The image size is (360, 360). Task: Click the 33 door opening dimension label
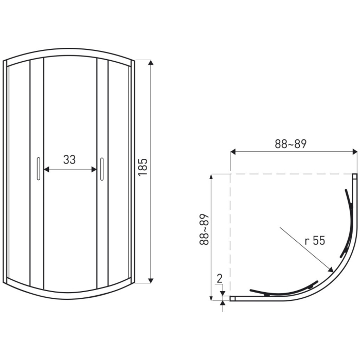pyautogui.click(x=69, y=160)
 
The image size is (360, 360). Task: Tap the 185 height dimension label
pyautogui.click(x=143, y=167)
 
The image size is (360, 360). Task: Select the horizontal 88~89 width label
pyautogui.click(x=291, y=144)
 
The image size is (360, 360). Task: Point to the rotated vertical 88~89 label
pyautogui.click(x=204, y=229)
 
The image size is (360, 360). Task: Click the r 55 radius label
pyautogui.click(x=315, y=241)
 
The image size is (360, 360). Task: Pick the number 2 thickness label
pyautogui.click(x=220, y=279)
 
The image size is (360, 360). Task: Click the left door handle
pyautogui.click(x=39, y=169)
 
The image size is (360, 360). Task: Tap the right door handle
pyautogui.click(x=102, y=169)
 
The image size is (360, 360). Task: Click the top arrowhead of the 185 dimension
pyautogui.click(x=151, y=62)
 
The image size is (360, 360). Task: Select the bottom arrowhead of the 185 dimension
pyautogui.click(x=151, y=280)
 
